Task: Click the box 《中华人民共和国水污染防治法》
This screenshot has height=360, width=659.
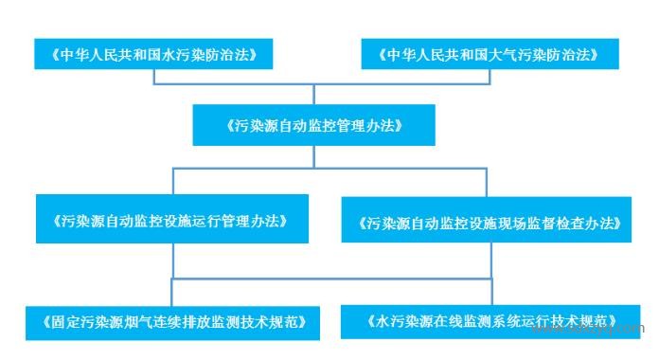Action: (x=153, y=54)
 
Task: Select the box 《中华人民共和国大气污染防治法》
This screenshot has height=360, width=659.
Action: (x=490, y=54)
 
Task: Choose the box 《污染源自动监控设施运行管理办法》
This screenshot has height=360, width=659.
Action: (x=171, y=221)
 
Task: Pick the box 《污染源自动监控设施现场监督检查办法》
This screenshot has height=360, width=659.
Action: (x=490, y=224)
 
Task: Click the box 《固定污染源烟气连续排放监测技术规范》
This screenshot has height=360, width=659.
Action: (x=171, y=321)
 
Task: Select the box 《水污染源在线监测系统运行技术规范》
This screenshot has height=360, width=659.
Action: (x=490, y=320)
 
